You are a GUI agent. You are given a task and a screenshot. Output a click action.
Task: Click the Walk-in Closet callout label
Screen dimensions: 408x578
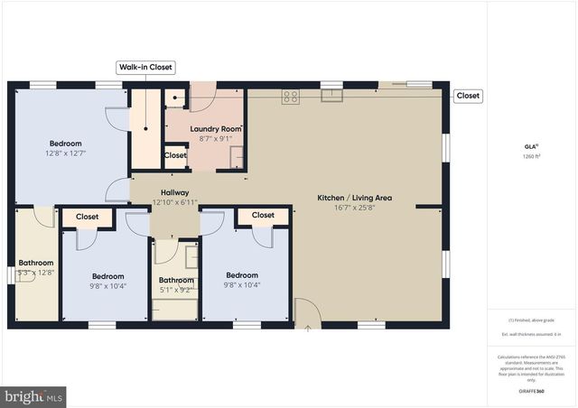[x=145, y=68]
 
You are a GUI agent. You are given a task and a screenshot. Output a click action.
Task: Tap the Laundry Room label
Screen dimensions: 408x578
[x=216, y=129]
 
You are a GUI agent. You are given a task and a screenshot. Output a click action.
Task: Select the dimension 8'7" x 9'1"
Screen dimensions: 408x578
[x=216, y=139]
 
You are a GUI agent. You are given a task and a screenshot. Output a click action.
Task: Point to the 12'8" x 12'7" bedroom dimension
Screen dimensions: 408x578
[x=65, y=153]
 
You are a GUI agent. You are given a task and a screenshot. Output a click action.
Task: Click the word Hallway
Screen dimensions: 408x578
[x=175, y=192]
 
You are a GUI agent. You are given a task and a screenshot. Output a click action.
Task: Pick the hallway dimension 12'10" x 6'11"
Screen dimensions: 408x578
[x=175, y=202]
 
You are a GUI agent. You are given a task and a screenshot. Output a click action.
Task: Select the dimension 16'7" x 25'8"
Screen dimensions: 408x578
[x=353, y=208]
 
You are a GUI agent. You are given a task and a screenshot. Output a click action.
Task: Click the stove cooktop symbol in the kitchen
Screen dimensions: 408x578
[x=291, y=97]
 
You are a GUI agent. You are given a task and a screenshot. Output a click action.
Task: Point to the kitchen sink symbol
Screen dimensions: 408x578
[x=331, y=96]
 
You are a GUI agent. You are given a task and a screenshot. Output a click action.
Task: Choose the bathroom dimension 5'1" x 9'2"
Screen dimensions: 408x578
[x=177, y=290]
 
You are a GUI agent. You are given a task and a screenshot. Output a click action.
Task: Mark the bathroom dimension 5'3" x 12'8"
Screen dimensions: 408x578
[x=37, y=273]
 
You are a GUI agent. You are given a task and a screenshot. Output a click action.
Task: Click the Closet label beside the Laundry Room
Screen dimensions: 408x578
[x=175, y=155]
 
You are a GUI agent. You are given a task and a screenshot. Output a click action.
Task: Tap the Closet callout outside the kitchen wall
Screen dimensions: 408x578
[x=468, y=96]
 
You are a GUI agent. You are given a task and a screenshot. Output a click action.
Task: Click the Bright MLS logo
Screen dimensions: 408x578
[x=34, y=395]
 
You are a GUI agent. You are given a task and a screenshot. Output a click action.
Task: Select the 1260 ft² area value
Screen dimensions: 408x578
[x=532, y=156]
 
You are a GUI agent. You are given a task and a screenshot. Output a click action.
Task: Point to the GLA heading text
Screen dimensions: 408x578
[x=531, y=146]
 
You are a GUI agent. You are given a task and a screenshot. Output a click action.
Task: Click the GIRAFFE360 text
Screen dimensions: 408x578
[x=532, y=392]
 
